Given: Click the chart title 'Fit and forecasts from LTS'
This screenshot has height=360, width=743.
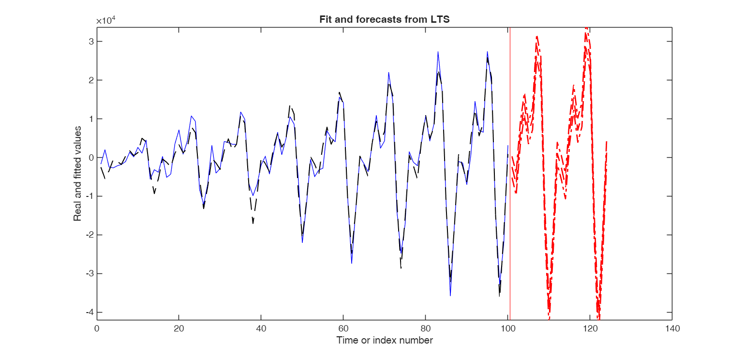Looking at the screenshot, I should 385,20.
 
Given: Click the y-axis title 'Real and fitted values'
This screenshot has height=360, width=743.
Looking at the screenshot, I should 77,173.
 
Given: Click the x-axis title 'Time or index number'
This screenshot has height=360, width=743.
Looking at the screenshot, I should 385,340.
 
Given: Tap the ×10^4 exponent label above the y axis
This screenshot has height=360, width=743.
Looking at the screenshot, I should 105,21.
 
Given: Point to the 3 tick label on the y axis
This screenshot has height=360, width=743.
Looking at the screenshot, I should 89,42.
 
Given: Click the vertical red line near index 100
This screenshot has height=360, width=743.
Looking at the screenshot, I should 510,194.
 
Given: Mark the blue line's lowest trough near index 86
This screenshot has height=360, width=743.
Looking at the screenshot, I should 450,295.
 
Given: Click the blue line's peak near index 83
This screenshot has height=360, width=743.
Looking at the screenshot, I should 438,52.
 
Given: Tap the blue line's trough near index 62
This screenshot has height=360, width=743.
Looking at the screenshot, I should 352,263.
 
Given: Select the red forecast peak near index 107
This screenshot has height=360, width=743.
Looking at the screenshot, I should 536,37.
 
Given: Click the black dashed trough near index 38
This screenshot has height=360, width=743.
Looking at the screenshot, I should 253,223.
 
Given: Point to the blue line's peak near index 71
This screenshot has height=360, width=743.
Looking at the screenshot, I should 388,73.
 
